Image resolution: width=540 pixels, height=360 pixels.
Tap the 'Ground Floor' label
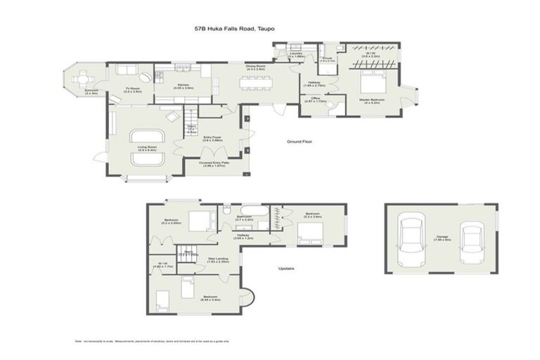[x=299, y=141]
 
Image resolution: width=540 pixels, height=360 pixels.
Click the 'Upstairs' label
[x=285, y=268]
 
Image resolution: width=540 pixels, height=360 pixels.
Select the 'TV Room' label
[x=133, y=89]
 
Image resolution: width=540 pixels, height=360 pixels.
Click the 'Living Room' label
[x=147, y=148]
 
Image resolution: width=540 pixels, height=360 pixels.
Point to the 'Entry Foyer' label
[x=212, y=139]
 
